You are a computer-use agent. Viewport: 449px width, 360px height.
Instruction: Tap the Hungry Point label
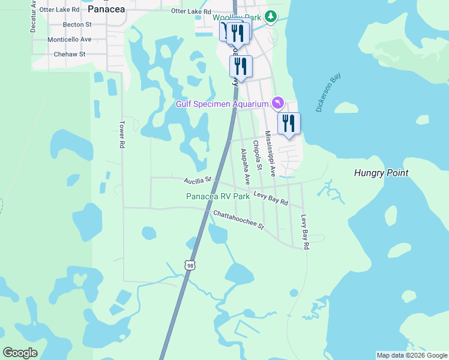[x=381, y=173]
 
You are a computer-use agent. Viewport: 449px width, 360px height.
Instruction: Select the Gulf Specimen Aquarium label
[x=221, y=104]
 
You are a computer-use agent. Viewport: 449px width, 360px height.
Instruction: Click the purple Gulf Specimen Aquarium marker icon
[x=277, y=103]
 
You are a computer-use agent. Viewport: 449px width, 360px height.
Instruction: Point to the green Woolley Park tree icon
[x=271, y=16]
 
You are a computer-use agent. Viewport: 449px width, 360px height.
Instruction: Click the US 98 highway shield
[x=190, y=265]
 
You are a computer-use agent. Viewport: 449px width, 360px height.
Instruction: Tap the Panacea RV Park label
[x=217, y=196]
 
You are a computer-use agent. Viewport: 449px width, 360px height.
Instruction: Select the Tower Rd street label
[x=121, y=134]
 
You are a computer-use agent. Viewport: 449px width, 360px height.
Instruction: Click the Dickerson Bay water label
[x=328, y=93]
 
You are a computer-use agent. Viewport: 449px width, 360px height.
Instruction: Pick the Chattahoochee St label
[x=238, y=220]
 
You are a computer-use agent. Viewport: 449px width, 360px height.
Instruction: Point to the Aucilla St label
[x=198, y=179]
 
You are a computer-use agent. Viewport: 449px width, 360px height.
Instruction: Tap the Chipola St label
[x=257, y=156]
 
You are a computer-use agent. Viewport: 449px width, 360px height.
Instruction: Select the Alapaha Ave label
[x=244, y=166]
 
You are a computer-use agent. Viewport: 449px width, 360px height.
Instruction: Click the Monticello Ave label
[x=70, y=39]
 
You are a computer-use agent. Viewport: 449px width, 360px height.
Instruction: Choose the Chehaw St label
[x=70, y=54]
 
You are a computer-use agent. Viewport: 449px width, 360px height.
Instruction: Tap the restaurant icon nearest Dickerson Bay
[x=289, y=124]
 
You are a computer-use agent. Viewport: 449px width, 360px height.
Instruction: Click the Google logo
[x=20, y=353]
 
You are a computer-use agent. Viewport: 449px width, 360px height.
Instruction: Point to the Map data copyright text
[x=412, y=355]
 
